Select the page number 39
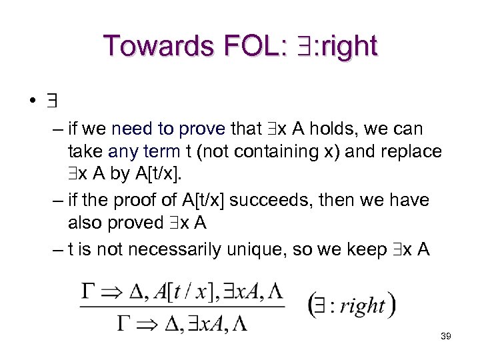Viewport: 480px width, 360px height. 446,336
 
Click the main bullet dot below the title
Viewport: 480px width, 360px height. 31,102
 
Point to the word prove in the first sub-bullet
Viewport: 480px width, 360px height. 201,128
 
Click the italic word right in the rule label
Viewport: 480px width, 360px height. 362,306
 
